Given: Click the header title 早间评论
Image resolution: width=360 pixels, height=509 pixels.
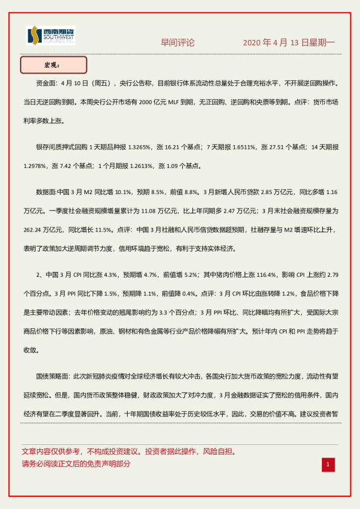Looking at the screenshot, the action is click(177, 43).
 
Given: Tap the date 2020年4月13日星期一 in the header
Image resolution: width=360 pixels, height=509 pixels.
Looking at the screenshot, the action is click(289, 43).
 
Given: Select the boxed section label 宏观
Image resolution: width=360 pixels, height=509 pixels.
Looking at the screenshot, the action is click(53, 65).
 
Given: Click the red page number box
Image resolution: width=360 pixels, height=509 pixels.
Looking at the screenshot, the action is click(328, 464).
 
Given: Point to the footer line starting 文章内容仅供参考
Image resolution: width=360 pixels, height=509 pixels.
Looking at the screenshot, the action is click(128, 452).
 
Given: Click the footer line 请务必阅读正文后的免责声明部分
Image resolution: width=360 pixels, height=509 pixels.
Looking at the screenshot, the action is click(76, 464).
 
